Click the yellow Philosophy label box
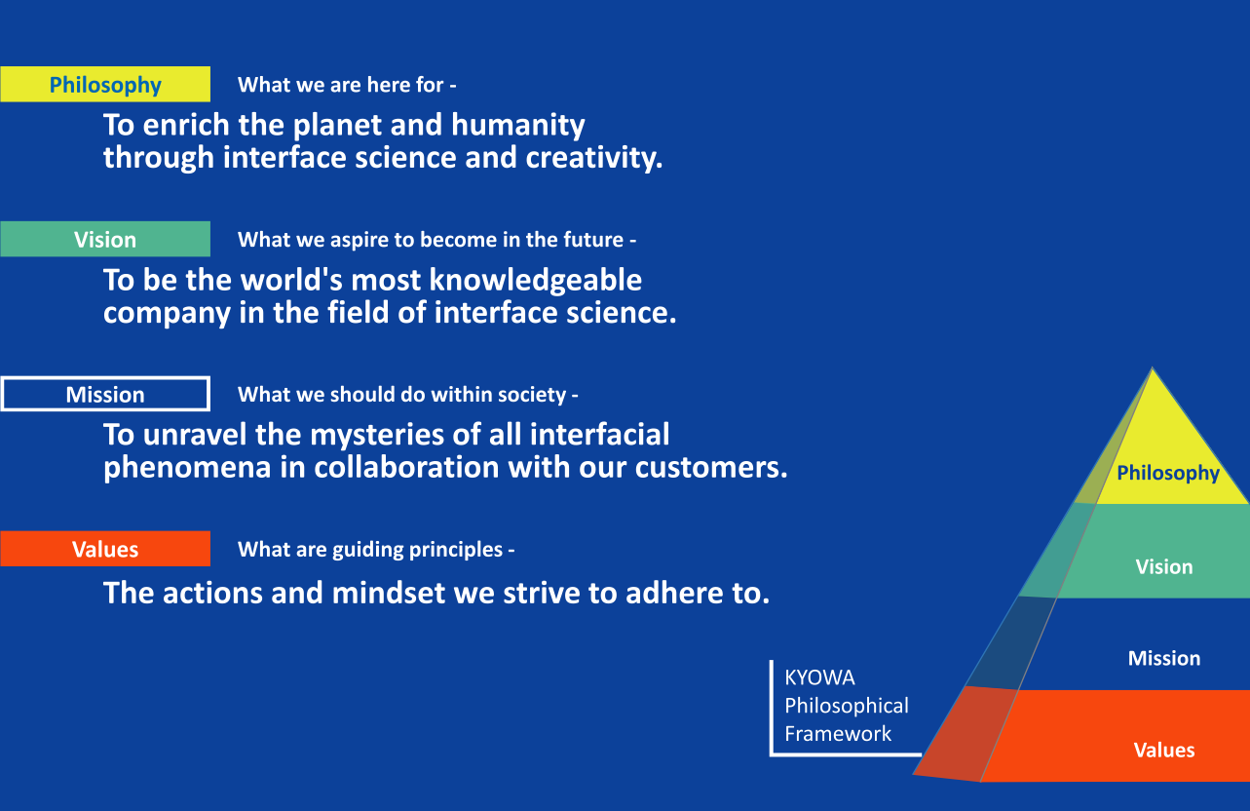(x=105, y=84)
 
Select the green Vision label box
(x=105, y=239)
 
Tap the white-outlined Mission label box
(x=105, y=394)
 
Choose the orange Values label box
(x=105, y=549)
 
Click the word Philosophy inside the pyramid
(x=1168, y=474)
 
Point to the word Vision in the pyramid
(x=1164, y=567)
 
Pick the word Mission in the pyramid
(x=1164, y=658)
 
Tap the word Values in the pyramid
(x=1164, y=751)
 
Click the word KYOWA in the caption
(x=819, y=677)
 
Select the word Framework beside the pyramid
(x=838, y=733)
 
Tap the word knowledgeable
(x=536, y=280)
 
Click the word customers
(x=711, y=468)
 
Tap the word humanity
(x=518, y=126)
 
